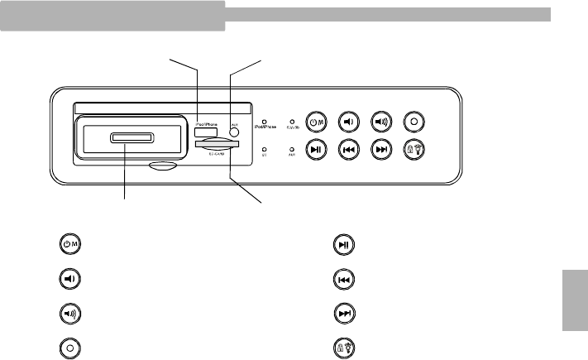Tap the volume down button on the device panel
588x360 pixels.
348,121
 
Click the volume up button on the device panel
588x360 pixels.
380,121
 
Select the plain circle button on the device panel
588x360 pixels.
412,121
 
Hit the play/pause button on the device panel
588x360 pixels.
316,151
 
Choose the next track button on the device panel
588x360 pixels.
380,151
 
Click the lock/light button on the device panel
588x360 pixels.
412,151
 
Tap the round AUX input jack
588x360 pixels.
234,131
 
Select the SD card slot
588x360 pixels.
218,145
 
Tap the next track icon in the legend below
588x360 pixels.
344,313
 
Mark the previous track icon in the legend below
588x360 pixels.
344,278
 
